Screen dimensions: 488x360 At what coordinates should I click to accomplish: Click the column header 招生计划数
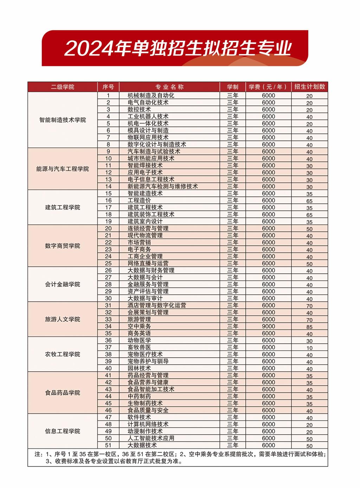(309, 87)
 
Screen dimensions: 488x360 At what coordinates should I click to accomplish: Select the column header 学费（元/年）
(268, 87)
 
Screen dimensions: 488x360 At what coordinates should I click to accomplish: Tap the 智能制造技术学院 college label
(63, 120)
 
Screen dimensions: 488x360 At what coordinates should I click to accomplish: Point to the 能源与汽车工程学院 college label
(63, 169)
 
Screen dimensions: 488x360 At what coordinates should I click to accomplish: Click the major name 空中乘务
(139, 326)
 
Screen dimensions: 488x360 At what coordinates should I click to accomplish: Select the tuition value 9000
(269, 326)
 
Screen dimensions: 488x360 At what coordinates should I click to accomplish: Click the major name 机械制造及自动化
(151, 96)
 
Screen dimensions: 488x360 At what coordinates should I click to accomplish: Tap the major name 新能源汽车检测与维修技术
(162, 187)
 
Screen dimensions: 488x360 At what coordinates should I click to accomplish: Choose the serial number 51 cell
(108, 445)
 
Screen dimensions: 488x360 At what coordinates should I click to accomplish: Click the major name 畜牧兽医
(139, 347)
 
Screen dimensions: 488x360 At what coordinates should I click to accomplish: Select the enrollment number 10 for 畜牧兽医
(309, 348)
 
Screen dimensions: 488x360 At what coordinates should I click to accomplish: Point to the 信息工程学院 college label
(63, 431)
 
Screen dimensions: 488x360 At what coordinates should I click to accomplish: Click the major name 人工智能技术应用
(151, 438)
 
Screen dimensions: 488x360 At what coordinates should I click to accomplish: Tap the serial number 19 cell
(108, 221)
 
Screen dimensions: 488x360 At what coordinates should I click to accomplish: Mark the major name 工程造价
(139, 200)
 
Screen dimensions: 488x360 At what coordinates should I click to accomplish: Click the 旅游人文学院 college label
(63, 319)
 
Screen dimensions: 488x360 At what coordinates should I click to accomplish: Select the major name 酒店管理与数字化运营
(157, 305)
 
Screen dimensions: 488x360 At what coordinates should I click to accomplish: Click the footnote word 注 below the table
(38, 454)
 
